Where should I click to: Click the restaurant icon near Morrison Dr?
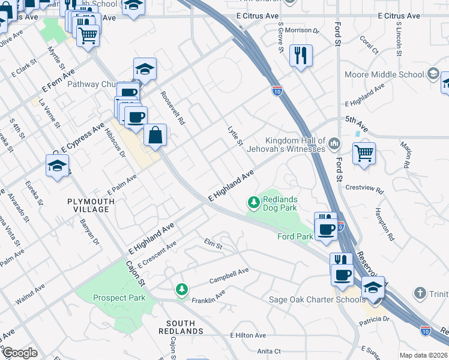301,55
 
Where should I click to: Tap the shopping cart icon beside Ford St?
364,154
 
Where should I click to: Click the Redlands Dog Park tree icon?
254,203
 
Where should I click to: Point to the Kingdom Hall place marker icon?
334,144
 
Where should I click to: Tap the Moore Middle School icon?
432,74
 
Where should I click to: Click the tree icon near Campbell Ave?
181,290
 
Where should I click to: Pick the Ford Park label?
295,236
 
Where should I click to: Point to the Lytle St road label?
235,136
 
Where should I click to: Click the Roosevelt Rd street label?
173,108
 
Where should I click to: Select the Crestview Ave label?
364,188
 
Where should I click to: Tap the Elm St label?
213,245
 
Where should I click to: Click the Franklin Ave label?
208,295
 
